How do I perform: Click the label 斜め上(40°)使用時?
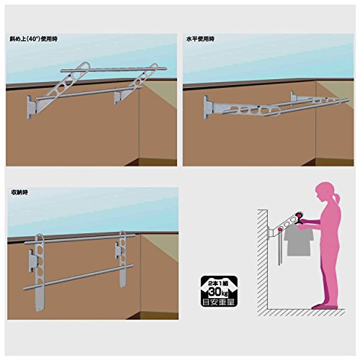33,39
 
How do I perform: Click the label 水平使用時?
200,39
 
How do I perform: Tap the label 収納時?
19,192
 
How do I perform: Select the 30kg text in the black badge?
219,292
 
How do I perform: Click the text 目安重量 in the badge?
219,302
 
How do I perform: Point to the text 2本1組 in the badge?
219,283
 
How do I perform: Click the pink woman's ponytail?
337,199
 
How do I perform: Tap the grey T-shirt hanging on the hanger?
298,240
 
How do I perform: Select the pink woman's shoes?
325,307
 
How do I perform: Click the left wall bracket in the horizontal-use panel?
207,107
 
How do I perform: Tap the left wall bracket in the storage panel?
32,261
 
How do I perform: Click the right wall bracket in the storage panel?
117,250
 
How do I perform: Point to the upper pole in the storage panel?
80,239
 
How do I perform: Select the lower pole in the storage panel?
78,277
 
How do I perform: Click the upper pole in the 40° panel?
114,70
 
